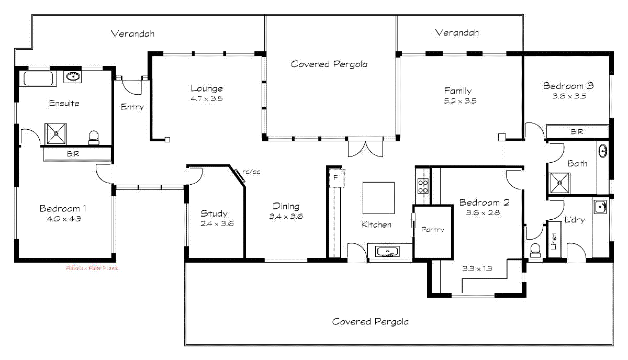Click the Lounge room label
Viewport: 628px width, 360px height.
pyautogui.click(x=206, y=88)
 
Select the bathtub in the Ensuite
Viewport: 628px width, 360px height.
pyautogui.click(x=39, y=79)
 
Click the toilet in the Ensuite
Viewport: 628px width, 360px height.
pyautogui.click(x=94, y=138)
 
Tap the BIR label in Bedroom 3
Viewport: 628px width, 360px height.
pyautogui.click(x=577, y=132)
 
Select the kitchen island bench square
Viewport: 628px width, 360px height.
pyautogui.click(x=378, y=197)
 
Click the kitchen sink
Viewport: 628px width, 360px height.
pyautogui.click(x=387, y=252)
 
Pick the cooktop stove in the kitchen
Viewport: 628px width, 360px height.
pyautogui.click(x=423, y=186)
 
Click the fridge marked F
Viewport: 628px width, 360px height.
pyautogui.click(x=335, y=178)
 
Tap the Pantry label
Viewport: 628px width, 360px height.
pyautogui.click(x=432, y=229)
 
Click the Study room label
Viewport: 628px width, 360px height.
pyautogui.click(x=214, y=213)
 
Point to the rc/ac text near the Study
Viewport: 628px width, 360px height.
pyautogui.click(x=251, y=172)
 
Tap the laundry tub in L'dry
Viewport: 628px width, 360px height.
pyautogui.click(x=600, y=206)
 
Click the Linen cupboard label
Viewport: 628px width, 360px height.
pyautogui.click(x=554, y=240)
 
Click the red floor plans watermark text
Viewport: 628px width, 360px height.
pyautogui.click(x=92, y=268)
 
